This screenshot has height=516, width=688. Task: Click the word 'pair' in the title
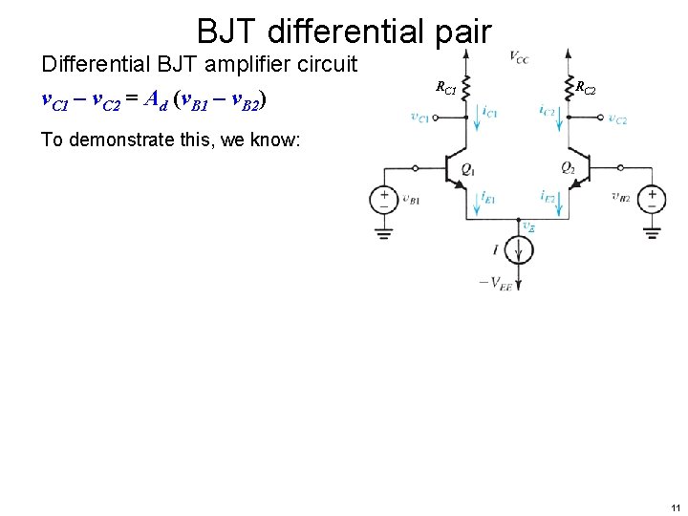pos(456,32)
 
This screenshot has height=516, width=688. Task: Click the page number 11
pos(676,507)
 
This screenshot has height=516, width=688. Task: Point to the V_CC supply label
pos(519,58)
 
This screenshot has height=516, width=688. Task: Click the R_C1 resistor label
pos(446,88)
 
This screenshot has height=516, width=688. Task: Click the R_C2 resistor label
pos(585,88)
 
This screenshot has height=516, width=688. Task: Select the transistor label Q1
pos(467,169)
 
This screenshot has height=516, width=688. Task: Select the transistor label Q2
pos(568,169)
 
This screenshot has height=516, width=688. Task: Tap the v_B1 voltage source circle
pos(384,199)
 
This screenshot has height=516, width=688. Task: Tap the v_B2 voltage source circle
pos(651,199)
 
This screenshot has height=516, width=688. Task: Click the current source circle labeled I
pos(519,250)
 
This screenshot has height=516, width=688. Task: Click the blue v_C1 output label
pos(419,118)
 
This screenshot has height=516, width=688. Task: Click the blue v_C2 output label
pos(617,118)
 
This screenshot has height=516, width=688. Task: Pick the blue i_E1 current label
pos(488,196)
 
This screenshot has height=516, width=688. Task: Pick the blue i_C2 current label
pos(547,112)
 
